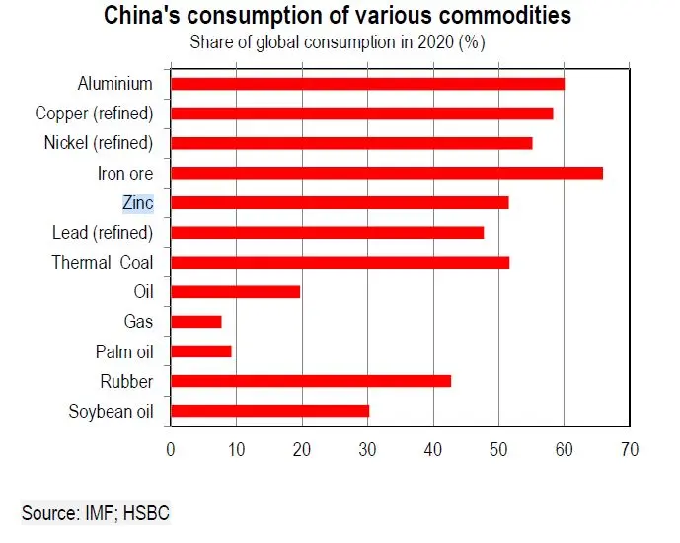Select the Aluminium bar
pyautogui.click(x=367, y=83)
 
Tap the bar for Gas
pyautogui.click(x=195, y=321)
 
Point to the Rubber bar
pyautogui.click(x=310, y=381)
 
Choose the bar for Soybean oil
pyautogui.click(x=269, y=411)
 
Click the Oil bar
pyautogui.click(x=235, y=291)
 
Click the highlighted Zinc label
pyautogui.click(x=137, y=203)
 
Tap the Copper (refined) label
pyautogui.click(x=94, y=114)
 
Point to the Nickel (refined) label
pyautogui.click(x=99, y=143)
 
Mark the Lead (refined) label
pyautogui.click(x=103, y=233)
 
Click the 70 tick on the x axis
pyautogui.click(x=629, y=449)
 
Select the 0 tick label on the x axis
pyautogui.click(x=171, y=449)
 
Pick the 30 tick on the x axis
pyautogui.click(x=367, y=449)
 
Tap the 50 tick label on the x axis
pyautogui.click(x=498, y=449)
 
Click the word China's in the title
pyautogui.click(x=143, y=17)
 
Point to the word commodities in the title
pyautogui.click(x=497, y=17)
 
